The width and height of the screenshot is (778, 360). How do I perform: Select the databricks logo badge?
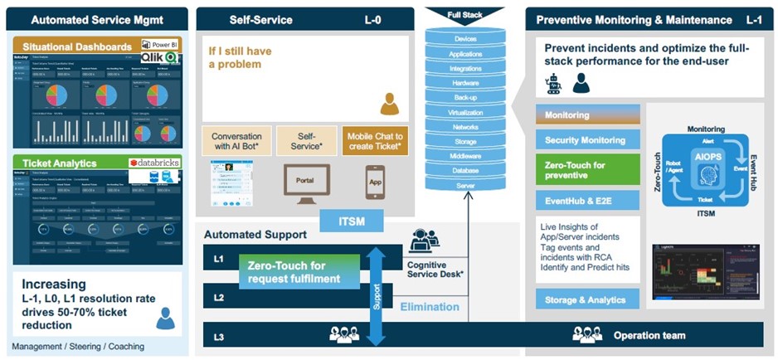[x=154, y=163]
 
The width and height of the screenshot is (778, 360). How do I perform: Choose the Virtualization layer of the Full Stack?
[x=465, y=112]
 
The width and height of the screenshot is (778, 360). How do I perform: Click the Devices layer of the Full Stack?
[x=465, y=39]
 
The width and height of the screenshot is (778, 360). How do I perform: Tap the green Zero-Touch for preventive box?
[x=587, y=169]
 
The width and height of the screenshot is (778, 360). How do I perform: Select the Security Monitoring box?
[x=587, y=140]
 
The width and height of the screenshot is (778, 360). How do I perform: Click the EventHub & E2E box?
[x=587, y=199]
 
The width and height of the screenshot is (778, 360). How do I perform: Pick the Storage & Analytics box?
[x=587, y=299]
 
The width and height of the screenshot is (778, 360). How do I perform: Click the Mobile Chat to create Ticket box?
[x=376, y=141]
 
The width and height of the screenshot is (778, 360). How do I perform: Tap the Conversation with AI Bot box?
[x=236, y=141]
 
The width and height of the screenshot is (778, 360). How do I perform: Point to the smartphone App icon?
[x=375, y=182]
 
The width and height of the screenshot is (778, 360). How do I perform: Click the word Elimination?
[x=430, y=307]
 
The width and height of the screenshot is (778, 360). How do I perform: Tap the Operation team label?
[x=649, y=335]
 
